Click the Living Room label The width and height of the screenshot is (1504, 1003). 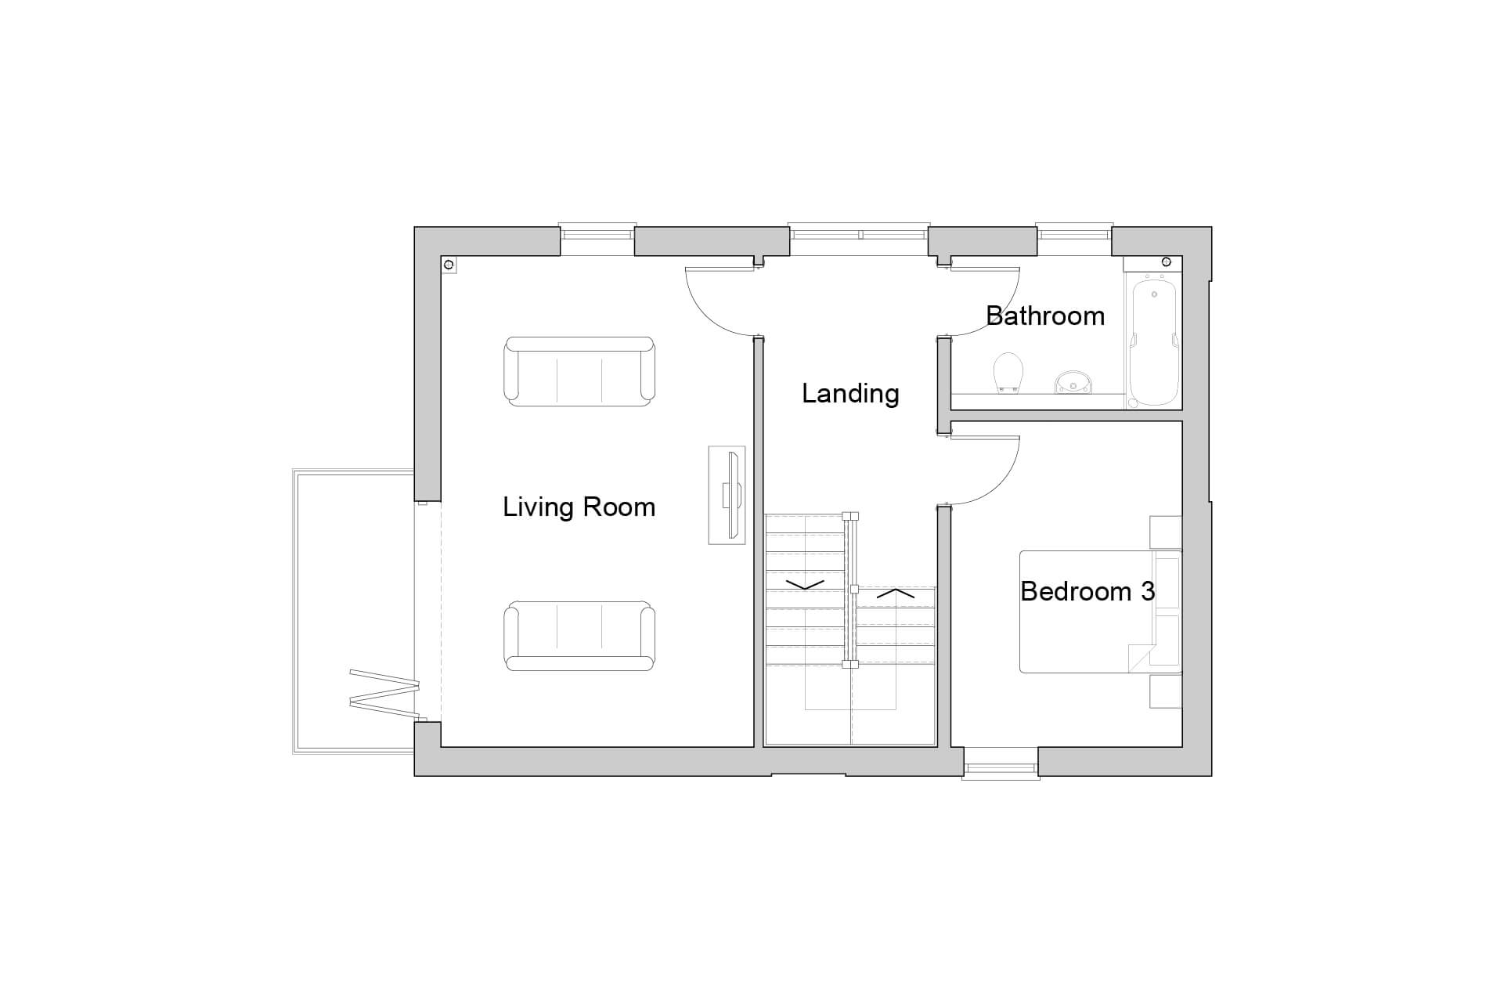(x=579, y=507)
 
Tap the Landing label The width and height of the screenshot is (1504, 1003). (x=850, y=393)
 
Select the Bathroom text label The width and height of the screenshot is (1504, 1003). (x=1045, y=316)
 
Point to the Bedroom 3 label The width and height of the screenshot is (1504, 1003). (x=1087, y=591)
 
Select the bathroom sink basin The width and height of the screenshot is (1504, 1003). (x=1073, y=382)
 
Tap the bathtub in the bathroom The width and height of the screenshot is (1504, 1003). (x=1154, y=341)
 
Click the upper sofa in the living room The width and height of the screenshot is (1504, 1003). (x=579, y=371)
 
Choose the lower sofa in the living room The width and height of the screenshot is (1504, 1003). (x=579, y=636)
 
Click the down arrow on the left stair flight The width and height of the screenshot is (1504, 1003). (x=805, y=585)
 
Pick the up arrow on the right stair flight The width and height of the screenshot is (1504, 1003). (x=896, y=594)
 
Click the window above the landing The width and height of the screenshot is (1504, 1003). (x=859, y=234)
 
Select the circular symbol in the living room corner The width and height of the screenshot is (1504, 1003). (x=449, y=265)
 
